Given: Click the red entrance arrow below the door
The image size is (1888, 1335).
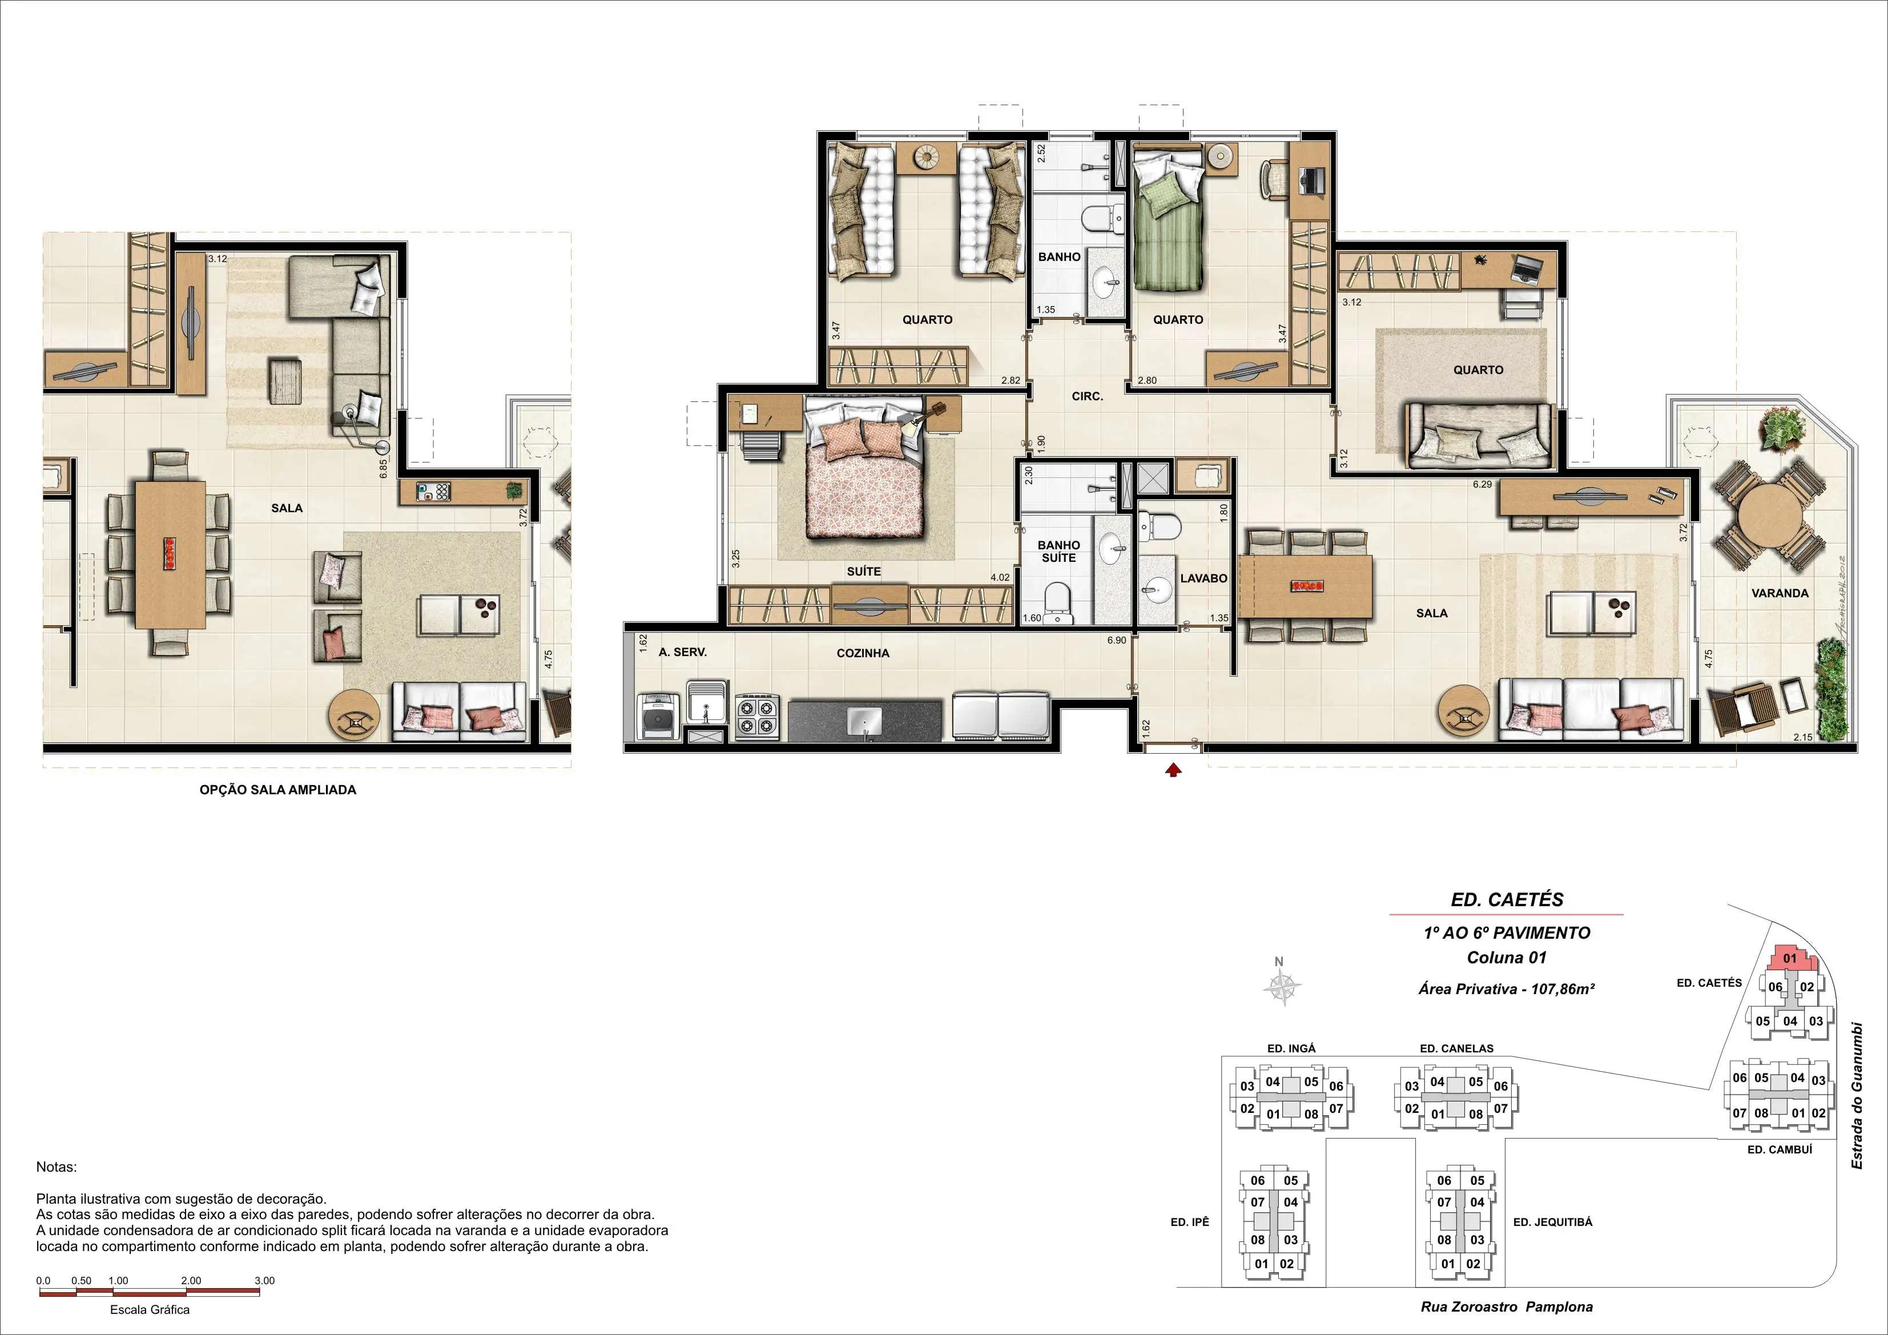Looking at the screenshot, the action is pos(1173,770).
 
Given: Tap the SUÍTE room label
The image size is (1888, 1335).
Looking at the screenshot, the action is pos(863,571).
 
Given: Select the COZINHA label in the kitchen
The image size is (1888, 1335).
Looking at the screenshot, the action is pos(863,653).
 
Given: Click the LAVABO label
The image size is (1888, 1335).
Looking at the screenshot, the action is pos(1204,578).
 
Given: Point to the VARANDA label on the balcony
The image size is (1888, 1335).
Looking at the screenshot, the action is pos(1780,593).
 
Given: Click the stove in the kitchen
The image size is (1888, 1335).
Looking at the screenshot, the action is pos(756,715).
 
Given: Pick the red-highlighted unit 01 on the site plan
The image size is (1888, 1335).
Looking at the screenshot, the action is pos(1789,959).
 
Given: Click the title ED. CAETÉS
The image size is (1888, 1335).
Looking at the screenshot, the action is pos(1507,900).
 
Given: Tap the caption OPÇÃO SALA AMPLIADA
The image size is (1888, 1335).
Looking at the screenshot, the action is pos(278,790).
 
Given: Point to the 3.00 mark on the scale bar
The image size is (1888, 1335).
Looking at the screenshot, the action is pos(264,1281).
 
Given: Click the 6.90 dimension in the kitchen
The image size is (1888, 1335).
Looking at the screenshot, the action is pos(1116,640).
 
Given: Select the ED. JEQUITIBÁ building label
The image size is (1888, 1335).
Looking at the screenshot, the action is pos(1552,1223).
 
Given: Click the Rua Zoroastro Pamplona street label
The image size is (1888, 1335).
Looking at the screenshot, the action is pos(1507,1307).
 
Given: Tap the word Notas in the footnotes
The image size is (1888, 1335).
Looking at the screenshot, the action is pos(56,1167).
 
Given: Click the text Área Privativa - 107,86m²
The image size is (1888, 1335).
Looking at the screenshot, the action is pos(1507,990).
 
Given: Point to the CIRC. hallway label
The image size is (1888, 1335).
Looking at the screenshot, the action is pos(1087,396).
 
